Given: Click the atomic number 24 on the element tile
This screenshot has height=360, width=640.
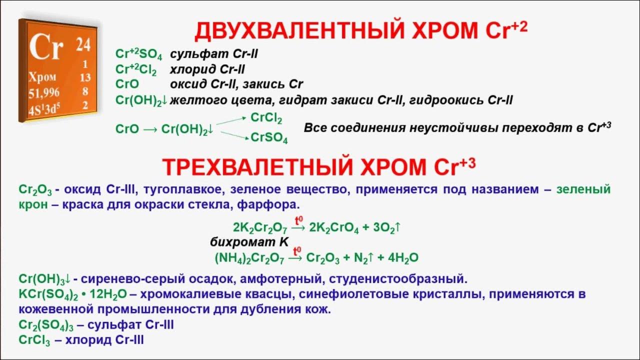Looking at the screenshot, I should pyautogui.click(x=82, y=45).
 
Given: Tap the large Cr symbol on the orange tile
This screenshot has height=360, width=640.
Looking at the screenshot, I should pyautogui.click(x=46, y=47).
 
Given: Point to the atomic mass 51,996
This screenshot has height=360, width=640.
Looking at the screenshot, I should pyautogui.click(x=44, y=92).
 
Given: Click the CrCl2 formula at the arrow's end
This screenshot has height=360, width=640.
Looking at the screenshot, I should pyautogui.click(x=266, y=118).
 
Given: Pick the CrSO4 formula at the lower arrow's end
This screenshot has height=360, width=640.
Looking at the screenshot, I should pyautogui.click(x=269, y=137).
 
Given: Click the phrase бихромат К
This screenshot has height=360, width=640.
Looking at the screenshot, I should pyautogui.click(x=249, y=242).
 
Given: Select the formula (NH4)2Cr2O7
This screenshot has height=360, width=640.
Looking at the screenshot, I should pyautogui.click(x=249, y=258).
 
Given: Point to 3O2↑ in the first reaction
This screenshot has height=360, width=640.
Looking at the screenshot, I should pyautogui.click(x=386, y=228).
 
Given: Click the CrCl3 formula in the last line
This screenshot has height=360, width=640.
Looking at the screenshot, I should pyautogui.click(x=33, y=340).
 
